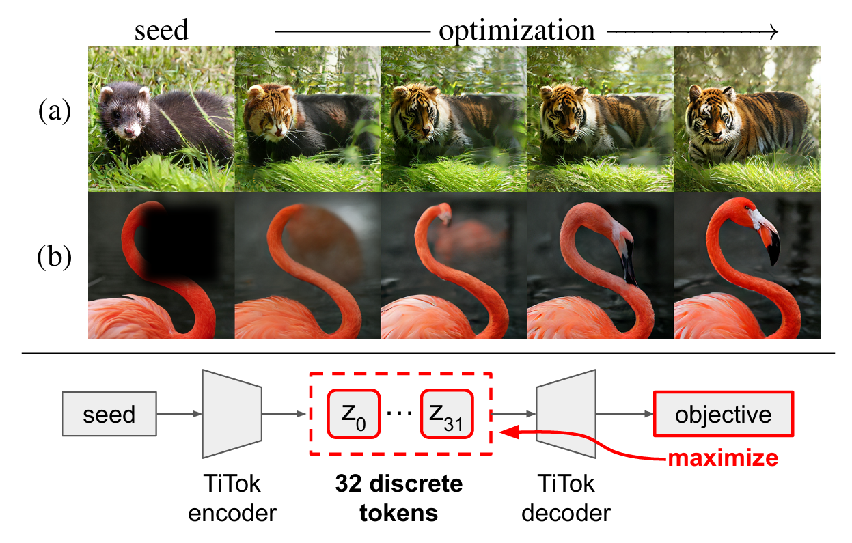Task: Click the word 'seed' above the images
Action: (x=161, y=30)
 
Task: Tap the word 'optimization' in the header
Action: (x=517, y=30)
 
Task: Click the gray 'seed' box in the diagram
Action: (x=109, y=414)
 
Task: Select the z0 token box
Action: (x=353, y=414)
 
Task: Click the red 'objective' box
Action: (x=723, y=414)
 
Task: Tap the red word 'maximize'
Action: (x=723, y=457)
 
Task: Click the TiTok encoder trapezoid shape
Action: (x=232, y=413)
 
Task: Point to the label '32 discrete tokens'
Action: (x=399, y=499)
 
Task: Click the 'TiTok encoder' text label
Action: (x=232, y=499)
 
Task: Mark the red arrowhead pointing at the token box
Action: (x=506, y=432)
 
